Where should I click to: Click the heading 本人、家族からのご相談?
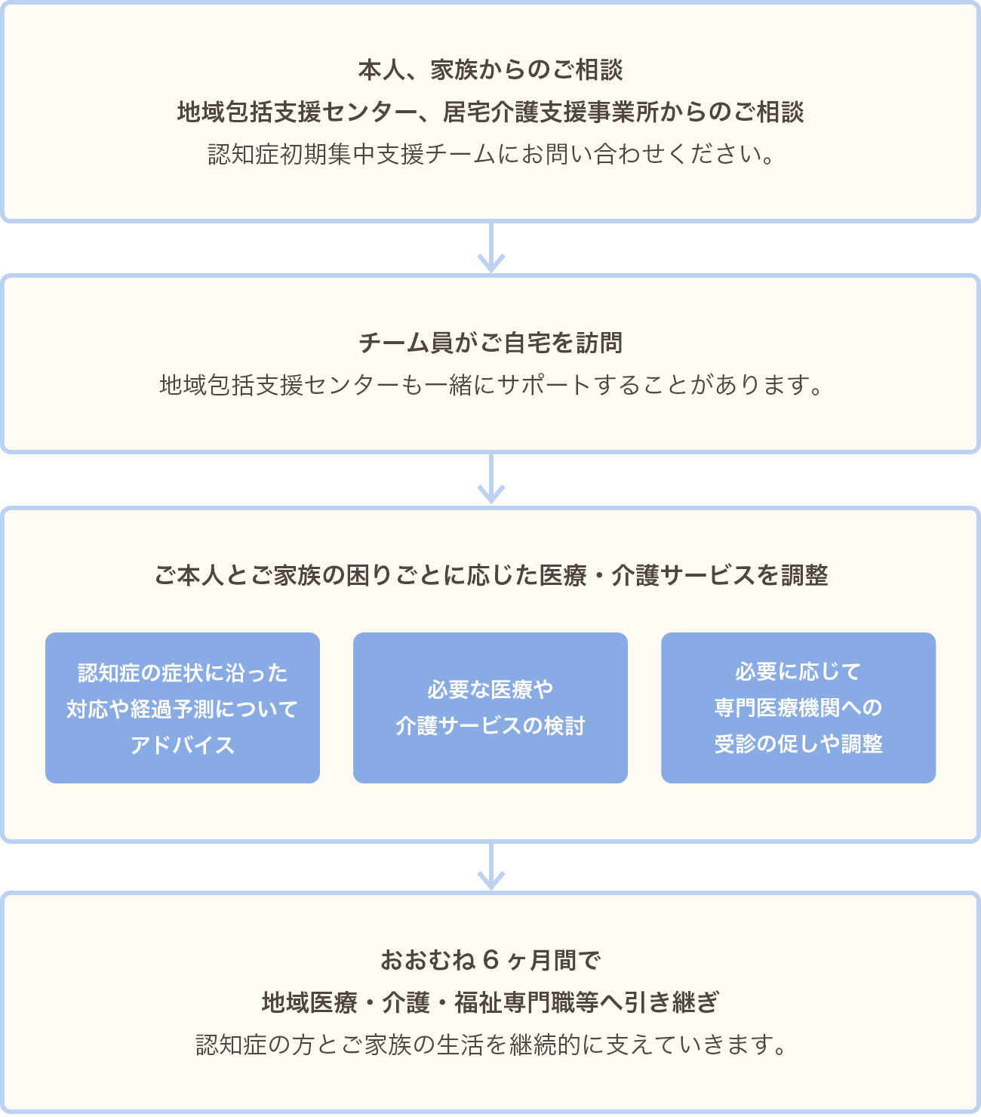point(490,70)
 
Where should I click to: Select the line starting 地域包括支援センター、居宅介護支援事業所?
point(490,112)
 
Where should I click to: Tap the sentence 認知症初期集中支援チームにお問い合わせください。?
point(490,155)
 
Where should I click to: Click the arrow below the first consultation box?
point(490,248)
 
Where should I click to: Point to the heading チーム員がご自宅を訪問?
point(490,343)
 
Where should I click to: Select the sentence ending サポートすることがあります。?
point(490,386)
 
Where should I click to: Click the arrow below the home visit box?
point(490,480)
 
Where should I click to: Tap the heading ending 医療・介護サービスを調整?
point(490,576)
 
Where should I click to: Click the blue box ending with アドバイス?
point(183,707)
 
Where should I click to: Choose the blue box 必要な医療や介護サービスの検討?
point(490,707)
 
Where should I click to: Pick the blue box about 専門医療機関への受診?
point(798,707)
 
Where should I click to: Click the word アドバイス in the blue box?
point(183,746)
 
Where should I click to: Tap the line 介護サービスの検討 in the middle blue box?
point(490,726)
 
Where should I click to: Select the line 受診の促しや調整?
point(798,744)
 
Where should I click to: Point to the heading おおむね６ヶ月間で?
point(490,961)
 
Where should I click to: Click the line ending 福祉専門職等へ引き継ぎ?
point(490,1003)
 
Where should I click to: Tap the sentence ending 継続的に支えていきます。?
point(490,1045)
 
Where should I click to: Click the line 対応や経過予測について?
point(183,709)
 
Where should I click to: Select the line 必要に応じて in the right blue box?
point(798,672)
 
